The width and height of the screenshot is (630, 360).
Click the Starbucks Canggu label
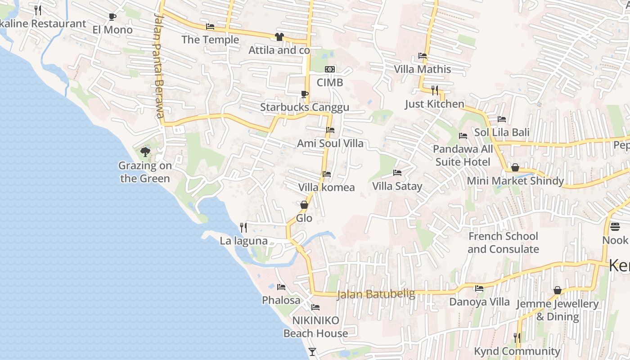point(305,108)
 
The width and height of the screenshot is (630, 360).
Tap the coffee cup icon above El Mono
point(112,17)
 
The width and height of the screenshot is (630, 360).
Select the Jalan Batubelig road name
point(376,294)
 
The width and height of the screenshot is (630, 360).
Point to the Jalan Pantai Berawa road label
point(158,65)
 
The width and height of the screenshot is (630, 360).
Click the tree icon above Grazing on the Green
point(145,152)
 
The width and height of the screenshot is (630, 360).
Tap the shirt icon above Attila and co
point(279,37)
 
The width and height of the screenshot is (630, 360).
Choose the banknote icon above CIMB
point(330,69)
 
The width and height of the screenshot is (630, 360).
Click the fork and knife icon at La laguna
point(243,227)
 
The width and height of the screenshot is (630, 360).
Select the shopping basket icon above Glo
point(304,205)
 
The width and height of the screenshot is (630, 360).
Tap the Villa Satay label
point(397,186)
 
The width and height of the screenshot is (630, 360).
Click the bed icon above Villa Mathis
point(423,56)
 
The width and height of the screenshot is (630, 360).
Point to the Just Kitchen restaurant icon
point(434,90)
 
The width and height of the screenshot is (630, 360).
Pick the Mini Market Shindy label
point(515,181)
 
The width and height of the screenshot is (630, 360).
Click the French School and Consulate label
point(503,243)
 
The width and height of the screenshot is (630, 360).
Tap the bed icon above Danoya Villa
point(479,288)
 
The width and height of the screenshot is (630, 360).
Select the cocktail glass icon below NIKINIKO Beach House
point(312,351)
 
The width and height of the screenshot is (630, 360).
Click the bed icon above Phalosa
point(281,287)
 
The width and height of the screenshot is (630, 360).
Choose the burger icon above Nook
point(615,226)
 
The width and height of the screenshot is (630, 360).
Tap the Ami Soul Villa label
point(330,144)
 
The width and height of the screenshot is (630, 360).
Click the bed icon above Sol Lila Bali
point(502,119)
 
